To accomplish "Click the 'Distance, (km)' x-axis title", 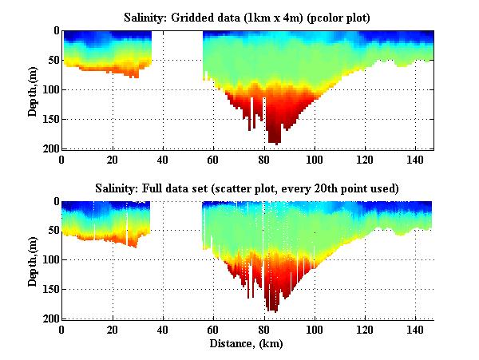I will pyautogui.click(x=247, y=345).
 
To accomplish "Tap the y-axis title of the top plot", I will pyautogui.click(x=33, y=90).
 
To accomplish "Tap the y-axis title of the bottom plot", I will pyautogui.click(x=33, y=261).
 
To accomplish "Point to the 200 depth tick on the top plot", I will pyautogui.click(x=50, y=148).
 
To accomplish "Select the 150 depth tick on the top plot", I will pyautogui.click(x=50, y=119).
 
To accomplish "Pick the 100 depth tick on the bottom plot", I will pyautogui.click(x=50, y=260).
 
